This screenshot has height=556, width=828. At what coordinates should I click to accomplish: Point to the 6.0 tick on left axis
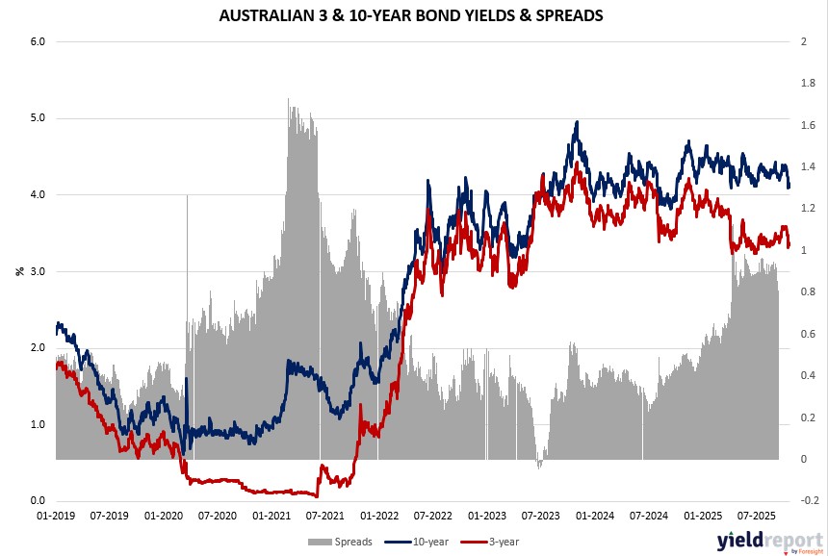click(37, 42)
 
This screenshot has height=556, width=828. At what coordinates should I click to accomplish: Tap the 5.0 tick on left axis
click(37, 118)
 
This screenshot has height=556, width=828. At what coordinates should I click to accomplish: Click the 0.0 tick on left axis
click(37, 501)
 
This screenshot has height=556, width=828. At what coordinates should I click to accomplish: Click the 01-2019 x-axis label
click(56, 517)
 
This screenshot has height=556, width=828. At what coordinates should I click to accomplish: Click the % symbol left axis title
click(18, 271)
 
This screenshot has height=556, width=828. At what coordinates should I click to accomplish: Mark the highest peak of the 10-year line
click(576, 122)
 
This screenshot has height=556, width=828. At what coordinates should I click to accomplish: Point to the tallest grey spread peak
click(289, 98)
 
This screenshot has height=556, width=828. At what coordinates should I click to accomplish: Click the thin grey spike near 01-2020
click(187, 196)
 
